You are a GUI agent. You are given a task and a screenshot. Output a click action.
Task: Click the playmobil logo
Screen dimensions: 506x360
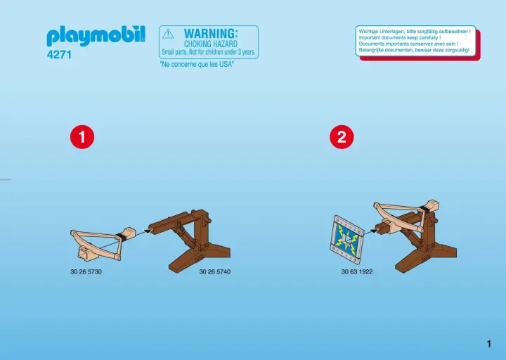click(x=96, y=36)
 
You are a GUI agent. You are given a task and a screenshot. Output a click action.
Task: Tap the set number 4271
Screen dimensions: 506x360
click(x=59, y=55)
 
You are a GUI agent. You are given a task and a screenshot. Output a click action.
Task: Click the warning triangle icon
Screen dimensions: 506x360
click(x=168, y=34)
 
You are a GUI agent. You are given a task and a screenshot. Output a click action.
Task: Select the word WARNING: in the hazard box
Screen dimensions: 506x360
click(x=211, y=34)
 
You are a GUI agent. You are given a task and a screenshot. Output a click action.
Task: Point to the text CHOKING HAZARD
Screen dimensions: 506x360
click(x=211, y=44)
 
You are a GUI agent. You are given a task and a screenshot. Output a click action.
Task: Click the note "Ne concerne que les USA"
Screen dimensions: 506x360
click(x=197, y=64)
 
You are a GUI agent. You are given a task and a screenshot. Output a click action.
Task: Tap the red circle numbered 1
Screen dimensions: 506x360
click(x=82, y=137)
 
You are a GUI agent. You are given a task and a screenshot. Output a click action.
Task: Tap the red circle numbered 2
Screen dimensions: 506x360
click(x=342, y=137)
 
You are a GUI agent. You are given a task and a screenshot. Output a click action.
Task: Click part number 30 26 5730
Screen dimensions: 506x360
click(x=86, y=272)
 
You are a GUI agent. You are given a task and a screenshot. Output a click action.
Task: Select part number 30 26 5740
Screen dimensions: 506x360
click(x=215, y=272)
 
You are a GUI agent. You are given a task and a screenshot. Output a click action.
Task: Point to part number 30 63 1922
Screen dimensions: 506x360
click(x=357, y=272)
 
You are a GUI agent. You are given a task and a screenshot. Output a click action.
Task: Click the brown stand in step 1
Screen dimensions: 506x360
click(x=190, y=241)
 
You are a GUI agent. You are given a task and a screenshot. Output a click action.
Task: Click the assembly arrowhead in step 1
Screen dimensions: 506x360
click(x=148, y=231)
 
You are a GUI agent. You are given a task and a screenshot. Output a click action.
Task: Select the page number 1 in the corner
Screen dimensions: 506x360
click(x=489, y=344)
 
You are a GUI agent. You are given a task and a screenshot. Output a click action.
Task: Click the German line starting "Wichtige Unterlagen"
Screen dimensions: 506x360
click(x=415, y=32)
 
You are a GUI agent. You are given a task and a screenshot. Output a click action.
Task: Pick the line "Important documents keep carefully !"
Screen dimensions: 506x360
click(x=399, y=37)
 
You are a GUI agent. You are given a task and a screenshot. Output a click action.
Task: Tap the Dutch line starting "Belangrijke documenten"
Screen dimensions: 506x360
click(x=414, y=50)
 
